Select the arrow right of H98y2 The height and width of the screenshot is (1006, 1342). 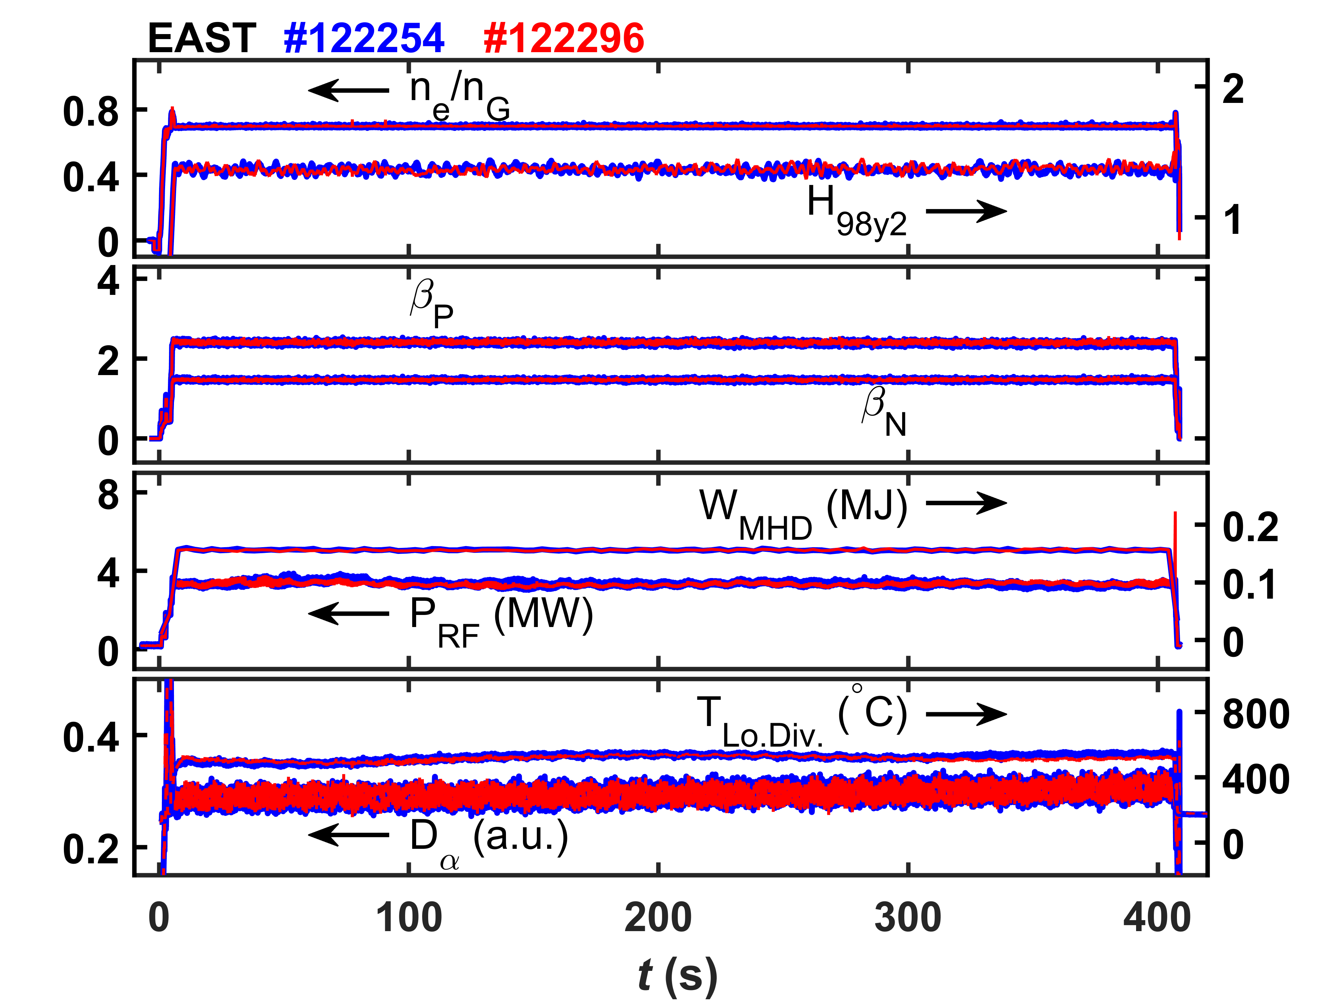[966, 211]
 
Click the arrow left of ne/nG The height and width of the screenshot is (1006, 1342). [348, 90]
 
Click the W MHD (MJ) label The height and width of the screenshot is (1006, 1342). [803, 513]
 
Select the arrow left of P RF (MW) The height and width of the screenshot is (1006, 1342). [348, 614]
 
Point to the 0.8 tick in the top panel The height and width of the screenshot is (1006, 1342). [91, 112]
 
